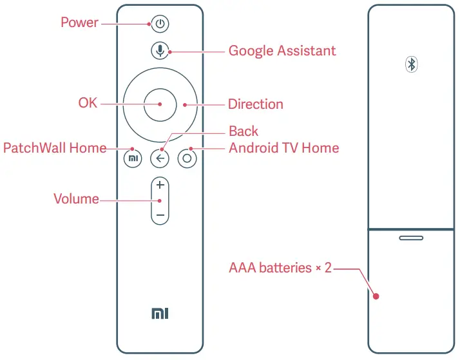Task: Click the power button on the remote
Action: tap(160, 24)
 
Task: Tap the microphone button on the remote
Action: tap(160, 50)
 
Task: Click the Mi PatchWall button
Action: tap(133, 158)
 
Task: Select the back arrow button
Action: tap(160, 158)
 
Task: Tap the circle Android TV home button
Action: tap(187, 158)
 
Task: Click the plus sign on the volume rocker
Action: tap(160, 185)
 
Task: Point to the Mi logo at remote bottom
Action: tap(159, 314)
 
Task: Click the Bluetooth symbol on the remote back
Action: tap(411, 64)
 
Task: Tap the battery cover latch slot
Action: tap(411, 238)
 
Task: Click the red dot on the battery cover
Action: tap(376, 297)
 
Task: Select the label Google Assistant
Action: tap(282, 50)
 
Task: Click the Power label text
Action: tap(79, 23)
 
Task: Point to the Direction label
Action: tap(255, 104)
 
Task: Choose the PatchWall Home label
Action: tap(55, 148)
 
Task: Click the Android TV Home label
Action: tap(283, 148)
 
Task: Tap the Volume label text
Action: tap(76, 199)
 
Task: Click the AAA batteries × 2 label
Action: tap(280, 267)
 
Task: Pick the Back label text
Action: tap(243, 131)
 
